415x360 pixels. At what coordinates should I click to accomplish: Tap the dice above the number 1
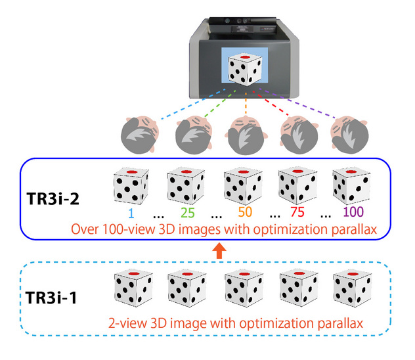click(131, 187)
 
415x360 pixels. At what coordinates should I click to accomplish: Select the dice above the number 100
click(349, 187)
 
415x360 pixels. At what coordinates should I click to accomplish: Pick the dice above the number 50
click(240, 187)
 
